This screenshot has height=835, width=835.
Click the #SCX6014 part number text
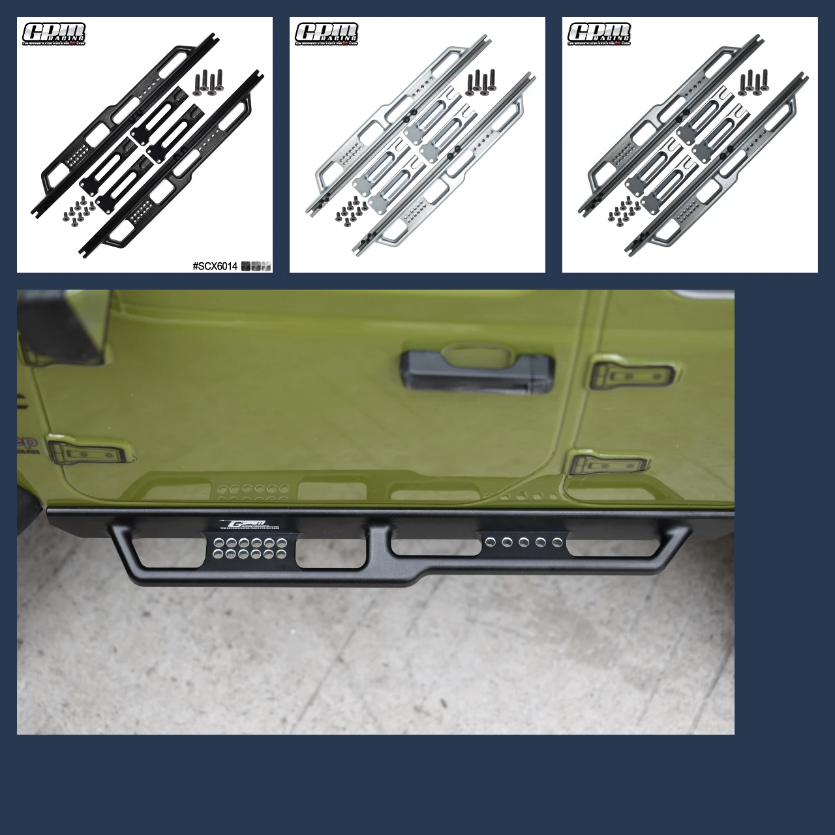coord(215,266)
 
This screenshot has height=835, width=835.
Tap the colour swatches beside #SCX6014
coord(256,266)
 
